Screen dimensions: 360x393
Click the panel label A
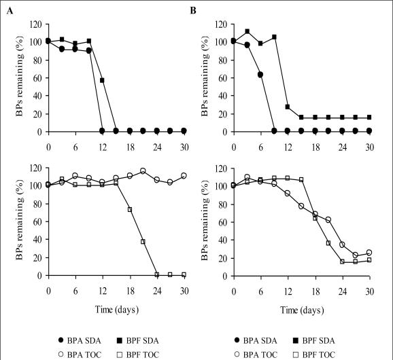point(8,10)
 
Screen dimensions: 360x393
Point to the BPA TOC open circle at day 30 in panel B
point(369,253)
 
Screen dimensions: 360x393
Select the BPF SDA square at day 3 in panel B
point(247,31)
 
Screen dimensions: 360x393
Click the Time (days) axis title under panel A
point(103,310)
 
